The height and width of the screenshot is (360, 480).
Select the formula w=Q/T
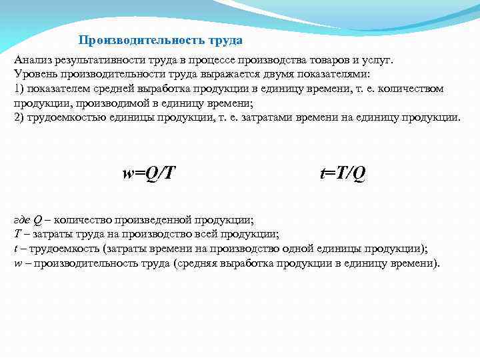pos(149,173)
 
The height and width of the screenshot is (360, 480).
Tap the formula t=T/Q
pos(343,173)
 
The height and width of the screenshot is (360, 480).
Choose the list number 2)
pos(19,117)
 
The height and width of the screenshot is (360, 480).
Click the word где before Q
pos(22,220)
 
